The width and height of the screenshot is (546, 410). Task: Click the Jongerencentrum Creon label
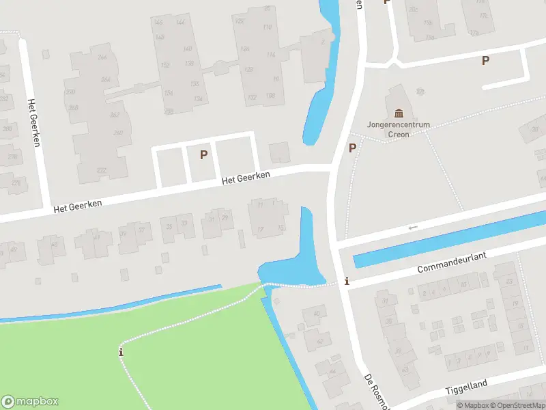click(x=399, y=130)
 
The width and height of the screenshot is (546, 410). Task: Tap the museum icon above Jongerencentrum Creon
click(x=399, y=113)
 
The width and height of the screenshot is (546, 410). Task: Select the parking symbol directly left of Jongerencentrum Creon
click(x=353, y=148)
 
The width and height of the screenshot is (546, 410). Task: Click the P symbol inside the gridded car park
click(x=203, y=155)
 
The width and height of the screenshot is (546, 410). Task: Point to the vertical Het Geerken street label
click(x=32, y=122)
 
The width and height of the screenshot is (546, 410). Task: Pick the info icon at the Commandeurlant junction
click(x=347, y=281)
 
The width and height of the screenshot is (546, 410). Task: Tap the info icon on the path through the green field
click(x=121, y=352)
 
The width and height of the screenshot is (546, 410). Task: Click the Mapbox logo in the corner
click(x=29, y=402)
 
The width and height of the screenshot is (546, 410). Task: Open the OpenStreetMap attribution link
click(x=517, y=405)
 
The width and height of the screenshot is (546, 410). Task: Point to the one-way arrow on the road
click(x=412, y=228)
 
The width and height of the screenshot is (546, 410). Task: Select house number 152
click(x=164, y=65)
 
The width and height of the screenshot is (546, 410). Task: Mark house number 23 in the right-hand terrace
click(x=508, y=281)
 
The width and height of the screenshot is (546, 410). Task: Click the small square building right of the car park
click(x=278, y=152)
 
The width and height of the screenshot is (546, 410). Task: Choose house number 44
click(x=332, y=371)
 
